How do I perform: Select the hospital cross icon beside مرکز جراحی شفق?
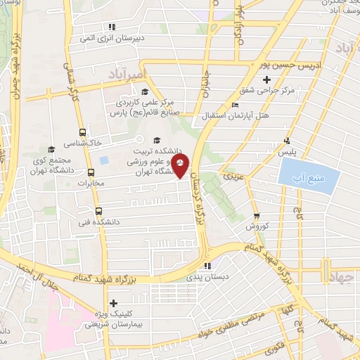coord(286,79)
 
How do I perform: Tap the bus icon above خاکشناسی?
coord(83,131)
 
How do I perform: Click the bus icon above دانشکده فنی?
coord(98,210)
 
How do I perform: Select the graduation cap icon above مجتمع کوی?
coord(50,149)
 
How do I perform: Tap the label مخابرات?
coord(89,184)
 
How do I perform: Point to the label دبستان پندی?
coord(206,278)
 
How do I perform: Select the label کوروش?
coord(257,227)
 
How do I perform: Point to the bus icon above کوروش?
coord(257,216)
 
